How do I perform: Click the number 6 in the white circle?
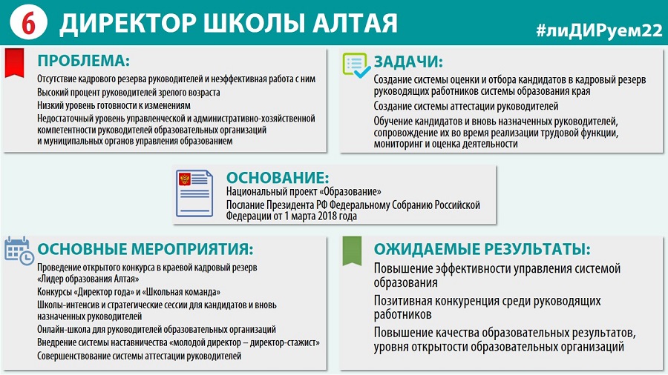[x=28, y=24]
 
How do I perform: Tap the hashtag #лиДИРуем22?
[x=600, y=30]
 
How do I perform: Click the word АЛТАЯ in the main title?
[x=355, y=23]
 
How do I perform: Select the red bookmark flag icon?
[x=15, y=63]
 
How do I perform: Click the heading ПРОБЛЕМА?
[x=83, y=60]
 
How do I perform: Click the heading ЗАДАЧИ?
[x=408, y=62]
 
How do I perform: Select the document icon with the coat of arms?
[x=194, y=193]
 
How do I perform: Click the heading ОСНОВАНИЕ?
[x=278, y=177]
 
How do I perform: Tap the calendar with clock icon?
[x=19, y=251]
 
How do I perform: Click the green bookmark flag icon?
[x=352, y=250]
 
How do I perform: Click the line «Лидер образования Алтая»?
[x=88, y=279]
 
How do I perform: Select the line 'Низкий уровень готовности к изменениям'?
[x=114, y=105]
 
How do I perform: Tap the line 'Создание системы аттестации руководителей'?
[x=466, y=106]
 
